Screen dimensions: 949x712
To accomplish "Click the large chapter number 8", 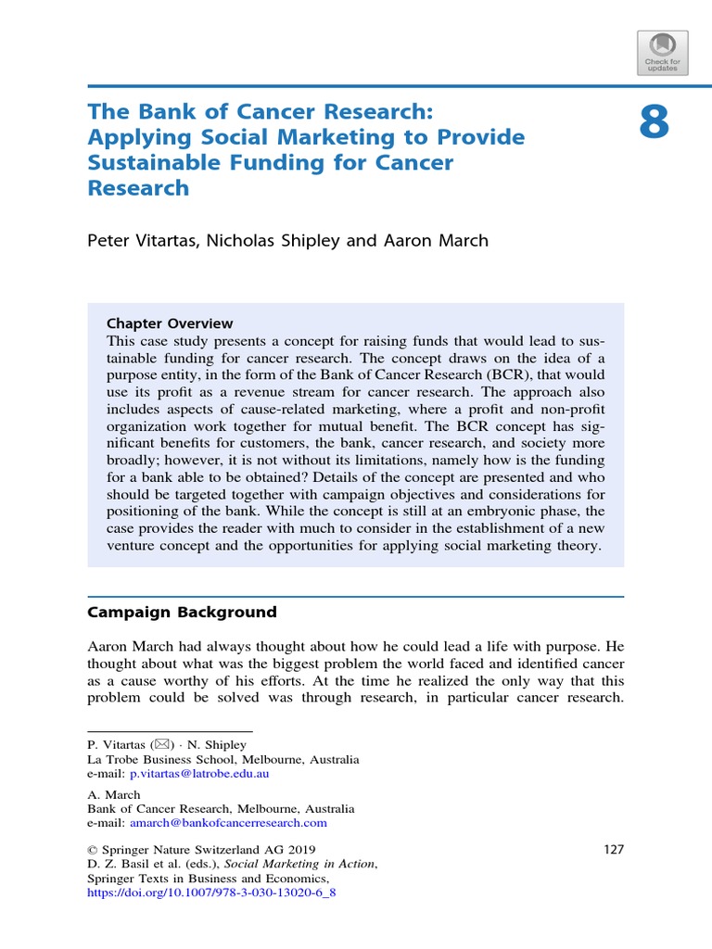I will (654, 121).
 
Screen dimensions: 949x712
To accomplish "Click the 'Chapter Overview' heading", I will (170, 323).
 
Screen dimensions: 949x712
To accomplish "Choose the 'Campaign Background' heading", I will (182, 612).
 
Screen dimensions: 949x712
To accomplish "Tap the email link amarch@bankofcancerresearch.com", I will (228, 822).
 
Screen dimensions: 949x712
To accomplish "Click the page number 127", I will (613, 850).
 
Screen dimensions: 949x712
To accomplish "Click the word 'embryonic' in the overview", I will (500, 512).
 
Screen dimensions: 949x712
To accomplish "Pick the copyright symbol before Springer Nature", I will (92, 850).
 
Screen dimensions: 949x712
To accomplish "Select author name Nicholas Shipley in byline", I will (285, 240).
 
